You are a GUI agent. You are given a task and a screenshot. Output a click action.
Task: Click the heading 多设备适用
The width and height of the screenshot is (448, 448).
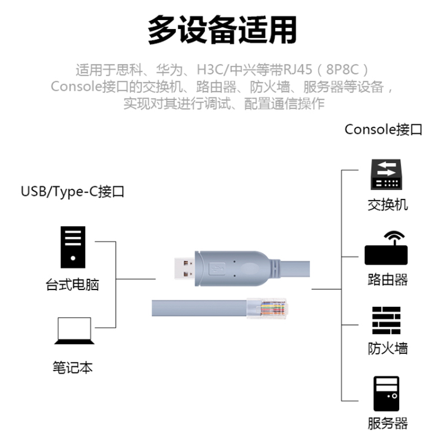222,29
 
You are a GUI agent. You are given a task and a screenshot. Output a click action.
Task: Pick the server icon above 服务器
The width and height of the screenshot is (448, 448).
387,394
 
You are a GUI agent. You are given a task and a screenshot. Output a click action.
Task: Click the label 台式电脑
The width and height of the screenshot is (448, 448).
72,284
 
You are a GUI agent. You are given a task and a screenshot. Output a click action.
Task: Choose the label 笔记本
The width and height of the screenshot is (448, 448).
72,368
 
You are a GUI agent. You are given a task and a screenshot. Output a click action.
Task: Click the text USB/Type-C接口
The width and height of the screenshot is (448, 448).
72,192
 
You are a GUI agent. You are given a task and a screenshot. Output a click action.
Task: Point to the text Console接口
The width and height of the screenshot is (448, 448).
384,130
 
